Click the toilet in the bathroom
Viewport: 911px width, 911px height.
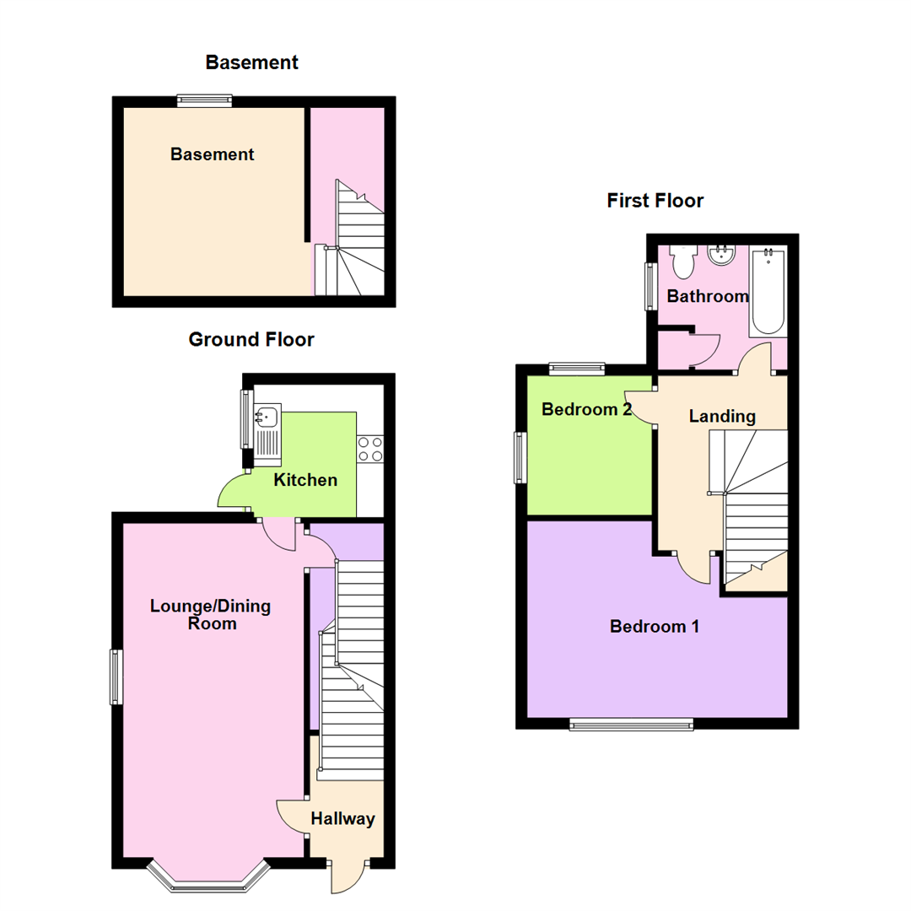(x=682, y=261)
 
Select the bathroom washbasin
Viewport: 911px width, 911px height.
(x=721, y=254)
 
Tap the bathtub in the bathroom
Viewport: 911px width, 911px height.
(x=768, y=289)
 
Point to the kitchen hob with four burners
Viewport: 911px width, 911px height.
(x=370, y=448)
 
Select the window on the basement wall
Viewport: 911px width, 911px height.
(x=204, y=101)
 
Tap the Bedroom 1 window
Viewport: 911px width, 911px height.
(x=631, y=724)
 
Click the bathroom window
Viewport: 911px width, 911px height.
(x=650, y=286)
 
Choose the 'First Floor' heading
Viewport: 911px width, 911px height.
(x=655, y=201)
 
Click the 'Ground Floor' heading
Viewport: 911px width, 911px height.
(x=251, y=340)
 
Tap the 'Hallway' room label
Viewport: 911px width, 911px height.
(x=342, y=818)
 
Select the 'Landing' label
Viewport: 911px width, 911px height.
(x=722, y=416)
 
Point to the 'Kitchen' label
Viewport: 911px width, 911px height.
(x=305, y=481)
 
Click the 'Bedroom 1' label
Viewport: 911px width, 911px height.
(x=655, y=627)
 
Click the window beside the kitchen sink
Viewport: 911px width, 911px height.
(x=245, y=418)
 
